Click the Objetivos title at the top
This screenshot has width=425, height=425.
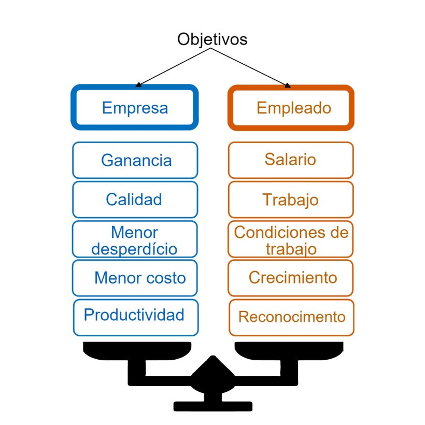[212, 39]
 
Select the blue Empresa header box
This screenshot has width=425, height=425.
[135, 108]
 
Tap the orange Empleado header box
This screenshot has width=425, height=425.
[291, 108]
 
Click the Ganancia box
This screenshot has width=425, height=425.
[135, 160]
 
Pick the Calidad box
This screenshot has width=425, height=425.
[135, 200]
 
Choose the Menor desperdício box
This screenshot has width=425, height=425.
[135, 239]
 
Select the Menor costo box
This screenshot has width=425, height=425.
[135, 278]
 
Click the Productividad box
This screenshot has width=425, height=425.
[135, 316]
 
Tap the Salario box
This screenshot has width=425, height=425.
[291, 160]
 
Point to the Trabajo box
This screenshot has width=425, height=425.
[291, 200]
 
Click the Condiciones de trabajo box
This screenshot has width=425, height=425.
[291, 239]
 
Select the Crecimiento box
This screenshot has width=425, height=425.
[291, 278]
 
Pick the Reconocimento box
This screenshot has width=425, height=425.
[291, 317]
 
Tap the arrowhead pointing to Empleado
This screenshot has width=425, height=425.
[288, 84]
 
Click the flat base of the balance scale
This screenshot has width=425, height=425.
[212, 406]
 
